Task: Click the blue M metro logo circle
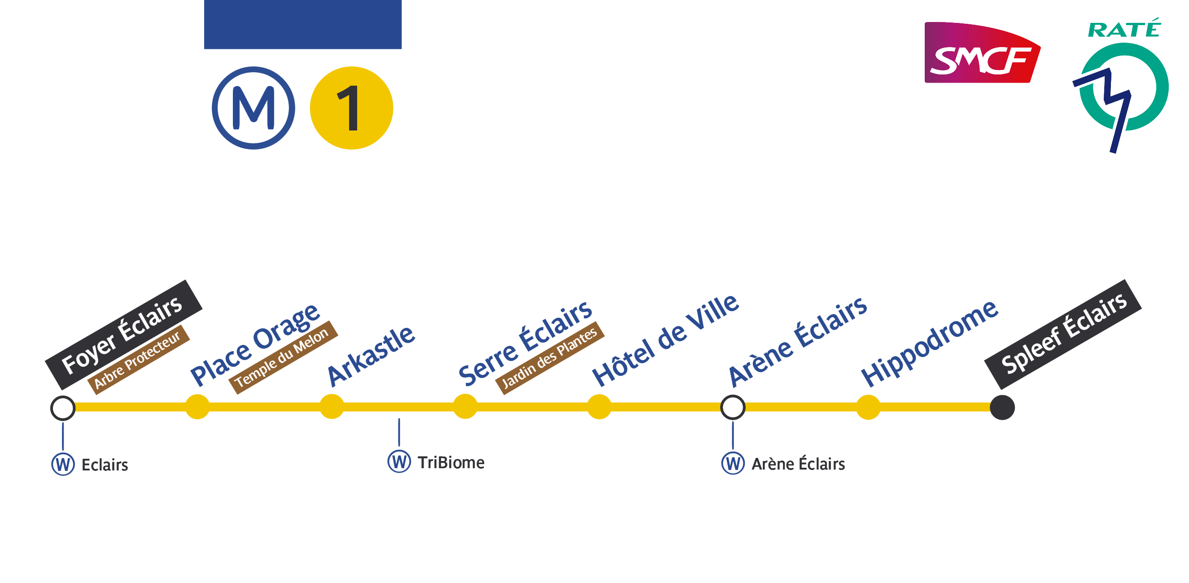(254, 108)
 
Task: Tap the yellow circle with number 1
(351, 108)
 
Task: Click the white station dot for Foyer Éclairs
(63, 408)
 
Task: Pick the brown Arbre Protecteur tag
(138, 360)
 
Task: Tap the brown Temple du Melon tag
(283, 357)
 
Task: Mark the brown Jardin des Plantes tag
(549, 358)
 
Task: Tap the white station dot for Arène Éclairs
(733, 408)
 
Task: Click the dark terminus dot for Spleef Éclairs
(1002, 408)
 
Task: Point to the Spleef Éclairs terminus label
(1063, 334)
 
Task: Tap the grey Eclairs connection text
(105, 465)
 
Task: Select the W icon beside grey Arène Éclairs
(733, 464)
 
